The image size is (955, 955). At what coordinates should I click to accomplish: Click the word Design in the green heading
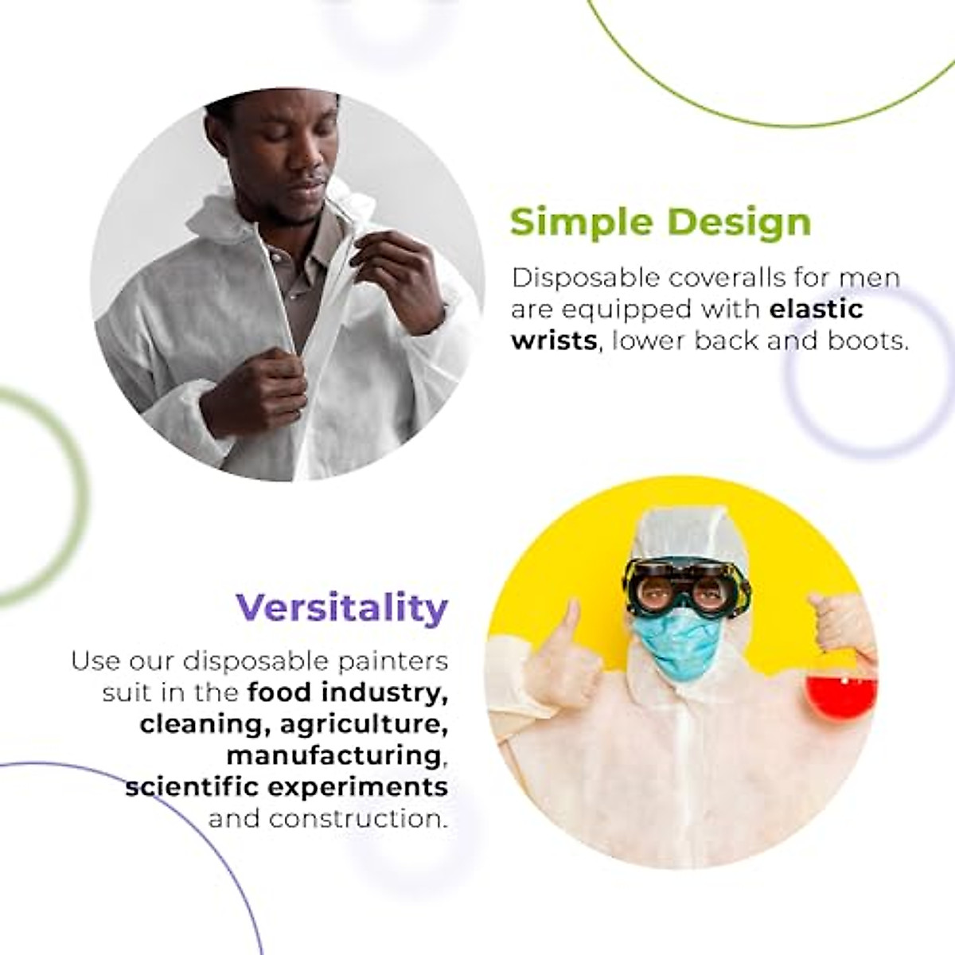[x=740, y=222]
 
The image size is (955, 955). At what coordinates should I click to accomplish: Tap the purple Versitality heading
[x=342, y=608]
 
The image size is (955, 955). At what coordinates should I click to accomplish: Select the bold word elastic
[x=817, y=309]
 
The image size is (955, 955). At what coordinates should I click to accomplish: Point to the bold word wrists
[x=554, y=341]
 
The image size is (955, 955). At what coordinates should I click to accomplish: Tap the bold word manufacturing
[x=333, y=755]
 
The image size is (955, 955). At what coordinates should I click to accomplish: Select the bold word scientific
[x=192, y=787]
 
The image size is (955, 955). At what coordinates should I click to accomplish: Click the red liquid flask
[x=840, y=693]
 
